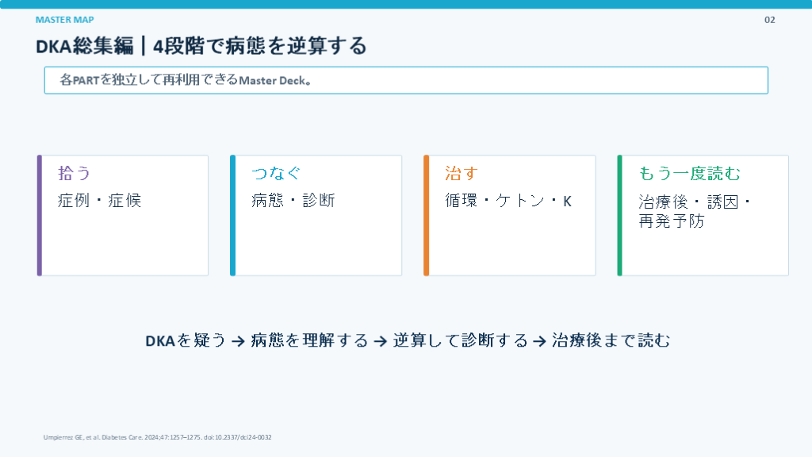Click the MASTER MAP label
coord(65,20)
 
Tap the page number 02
coord(769,20)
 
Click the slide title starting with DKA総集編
coord(201,46)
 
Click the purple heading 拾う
coord(74,173)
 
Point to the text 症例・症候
coord(99,201)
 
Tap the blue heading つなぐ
coord(276,173)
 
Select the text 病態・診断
coord(293,201)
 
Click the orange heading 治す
coord(462,173)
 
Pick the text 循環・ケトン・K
coord(508,201)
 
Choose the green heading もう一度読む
coord(689,173)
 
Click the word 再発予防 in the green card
coord(672,221)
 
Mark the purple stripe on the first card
coord(40,216)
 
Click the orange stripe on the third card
coord(426,216)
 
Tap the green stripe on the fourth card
coord(619,216)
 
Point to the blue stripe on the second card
coord(232,216)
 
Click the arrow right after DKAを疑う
coord(238,341)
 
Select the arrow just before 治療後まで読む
coord(539,341)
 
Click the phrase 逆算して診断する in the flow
coord(461,340)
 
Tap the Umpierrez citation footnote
coord(158,437)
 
